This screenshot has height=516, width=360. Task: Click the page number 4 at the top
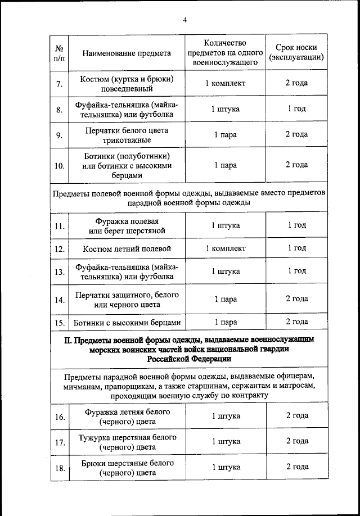pyautogui.click(x=184, y=20)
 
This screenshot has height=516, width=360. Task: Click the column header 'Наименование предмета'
pyautogui.click(x=126, y=53)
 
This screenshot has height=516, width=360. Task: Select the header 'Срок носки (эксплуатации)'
pyautogui.click(x=296, y=53)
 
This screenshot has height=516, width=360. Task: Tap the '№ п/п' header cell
pyautogui.click(x=58, y=53)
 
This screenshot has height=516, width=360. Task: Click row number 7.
pyautogui.click(x=59, y=84)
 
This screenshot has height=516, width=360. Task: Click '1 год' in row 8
pyautogui.click(x=296, y=109)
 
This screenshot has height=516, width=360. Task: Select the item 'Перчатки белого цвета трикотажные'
pyautogui.click(x=126, y=135)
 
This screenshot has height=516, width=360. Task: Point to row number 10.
pyautogui.click(x=59, y=166)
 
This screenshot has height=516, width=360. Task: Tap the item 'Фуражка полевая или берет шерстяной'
pyautogui.click(x=126, y=226)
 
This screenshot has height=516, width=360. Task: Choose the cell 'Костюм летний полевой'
pyautogui.click(x=126, y=248)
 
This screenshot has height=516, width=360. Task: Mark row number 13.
pyautogui.click(x=59, y=272)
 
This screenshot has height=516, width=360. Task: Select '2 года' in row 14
pyautogui.click(x=296, y=299)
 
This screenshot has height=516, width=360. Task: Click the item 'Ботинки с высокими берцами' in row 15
pyautogui.click(x=127, y=323)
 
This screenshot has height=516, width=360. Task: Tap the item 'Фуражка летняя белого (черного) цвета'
pyautogui.click(x=126, y=416)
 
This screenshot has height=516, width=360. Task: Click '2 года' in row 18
pyautogui.click(x=296, y=467)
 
